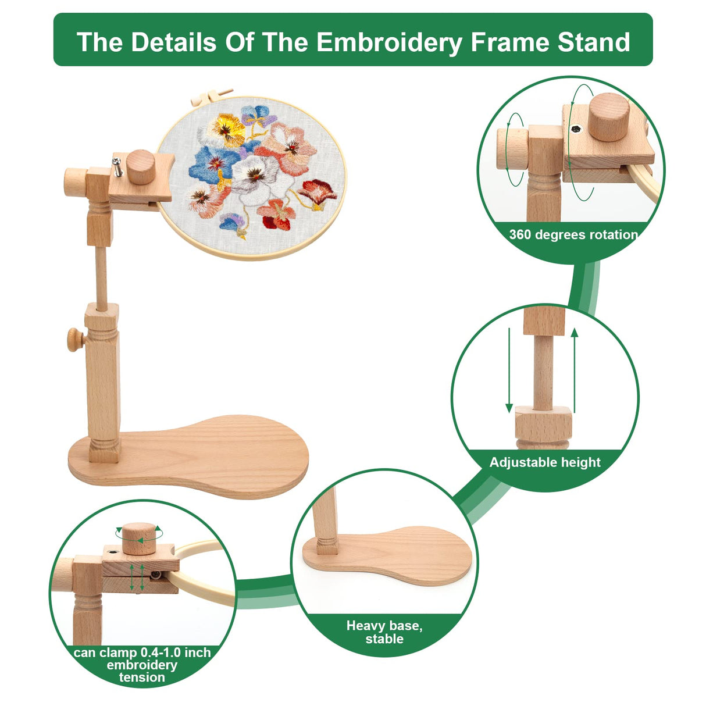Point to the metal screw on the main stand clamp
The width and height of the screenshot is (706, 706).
117,169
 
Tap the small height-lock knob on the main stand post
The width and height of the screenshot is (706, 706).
75,340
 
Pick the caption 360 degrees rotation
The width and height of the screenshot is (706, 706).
573,235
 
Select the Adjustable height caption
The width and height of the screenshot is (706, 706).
545,463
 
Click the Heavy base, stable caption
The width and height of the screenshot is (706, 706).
384,632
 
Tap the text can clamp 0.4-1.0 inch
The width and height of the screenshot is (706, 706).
142,652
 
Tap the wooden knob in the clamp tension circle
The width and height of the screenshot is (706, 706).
140,538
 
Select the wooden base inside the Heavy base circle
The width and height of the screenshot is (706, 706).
395,555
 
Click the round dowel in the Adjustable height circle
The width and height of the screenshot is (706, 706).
544,372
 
